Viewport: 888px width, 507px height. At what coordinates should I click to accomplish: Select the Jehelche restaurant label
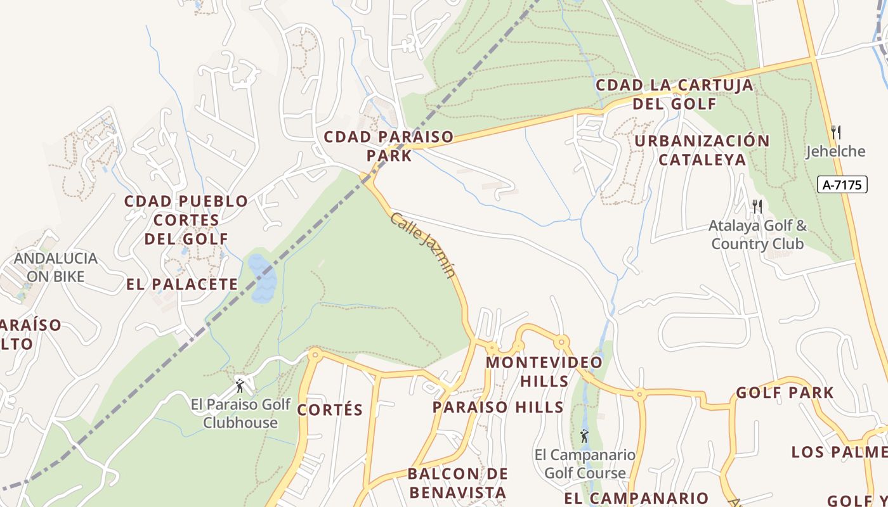click(x=835, y=151)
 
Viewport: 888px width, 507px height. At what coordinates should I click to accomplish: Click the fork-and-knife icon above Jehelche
click(x=836, y=132)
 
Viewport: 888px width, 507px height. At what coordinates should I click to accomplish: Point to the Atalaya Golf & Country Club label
click(x=757, y=234)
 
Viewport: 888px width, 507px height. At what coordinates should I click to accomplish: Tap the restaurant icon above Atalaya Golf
click(x=756, y=205)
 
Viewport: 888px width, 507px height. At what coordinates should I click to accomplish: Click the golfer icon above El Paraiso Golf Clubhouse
click(x=240, y=385)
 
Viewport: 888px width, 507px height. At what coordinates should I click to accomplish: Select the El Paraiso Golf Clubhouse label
click(x=240, y=413)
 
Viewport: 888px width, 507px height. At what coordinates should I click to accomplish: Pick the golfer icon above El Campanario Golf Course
click(x=584, y=436)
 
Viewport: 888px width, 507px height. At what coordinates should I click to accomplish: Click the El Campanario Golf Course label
click(x=585, y=464)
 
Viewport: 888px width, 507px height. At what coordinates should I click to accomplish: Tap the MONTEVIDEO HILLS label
click(x=544, y=371)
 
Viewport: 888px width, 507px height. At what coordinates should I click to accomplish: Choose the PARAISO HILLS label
click(x=498, y=407)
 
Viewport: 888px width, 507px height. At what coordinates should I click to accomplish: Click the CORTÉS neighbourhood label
click(x=330, y=409)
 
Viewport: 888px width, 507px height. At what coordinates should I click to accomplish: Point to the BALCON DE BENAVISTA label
click(x=457, y=483)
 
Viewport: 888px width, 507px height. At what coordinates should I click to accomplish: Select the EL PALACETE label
click(x=181, y=284)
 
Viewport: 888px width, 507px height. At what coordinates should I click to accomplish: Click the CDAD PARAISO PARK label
click(x=389, y=146)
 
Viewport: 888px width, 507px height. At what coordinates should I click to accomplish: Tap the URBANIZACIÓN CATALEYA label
click(x=702, y=150)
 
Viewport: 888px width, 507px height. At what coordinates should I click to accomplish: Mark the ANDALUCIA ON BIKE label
click(x=56, y=267)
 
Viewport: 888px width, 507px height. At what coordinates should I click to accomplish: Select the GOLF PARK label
click(x=785, y=393)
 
